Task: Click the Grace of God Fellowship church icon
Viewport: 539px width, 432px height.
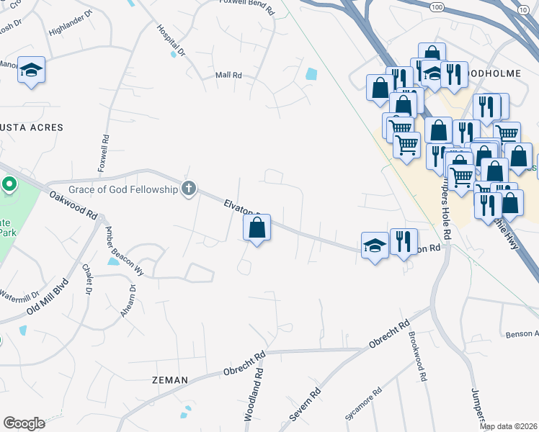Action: coord(189,189)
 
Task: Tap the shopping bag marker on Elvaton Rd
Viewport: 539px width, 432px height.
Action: coord(257,228)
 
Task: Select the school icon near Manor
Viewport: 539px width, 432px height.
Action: coord(31,70)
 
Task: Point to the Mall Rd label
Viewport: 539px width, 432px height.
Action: coord(228,75)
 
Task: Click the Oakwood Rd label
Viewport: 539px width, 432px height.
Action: coord(73,204)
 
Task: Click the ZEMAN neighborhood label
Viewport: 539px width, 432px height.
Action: coord(170,379)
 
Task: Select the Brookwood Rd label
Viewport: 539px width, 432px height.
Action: coord(416,356)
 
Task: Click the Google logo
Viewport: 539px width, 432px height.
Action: coord(24,423)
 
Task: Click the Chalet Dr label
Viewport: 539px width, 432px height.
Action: coord(87,281)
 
